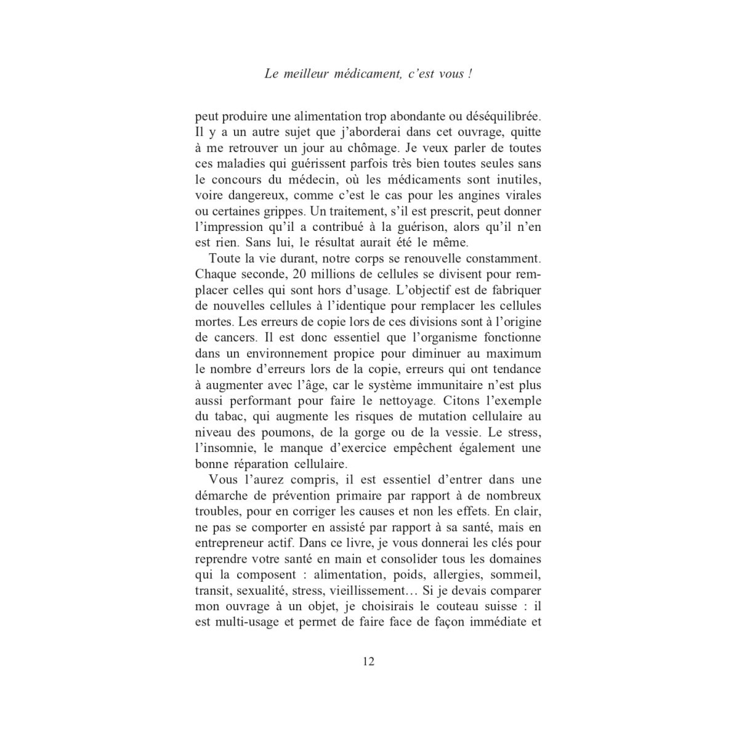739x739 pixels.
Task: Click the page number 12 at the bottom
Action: [369, 662]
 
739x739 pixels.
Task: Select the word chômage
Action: [371, 148]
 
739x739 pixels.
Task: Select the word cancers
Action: [231, 338]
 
